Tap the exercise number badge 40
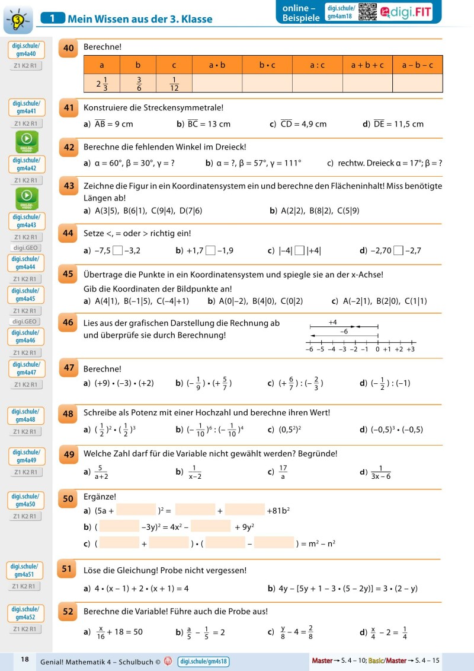(x=68, y=49)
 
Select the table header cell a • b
(x=217, y=65)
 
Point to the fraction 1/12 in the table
(x=174, y=84)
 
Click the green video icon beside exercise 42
(x=27, y=142)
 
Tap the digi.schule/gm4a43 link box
(x=27, y=221)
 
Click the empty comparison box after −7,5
(x=118, y=250)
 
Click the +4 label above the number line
(x=332, y=322)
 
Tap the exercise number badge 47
(x=68, y=368)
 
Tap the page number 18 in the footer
(x=25, y=659)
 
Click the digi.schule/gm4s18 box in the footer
(x=203, y=662)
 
